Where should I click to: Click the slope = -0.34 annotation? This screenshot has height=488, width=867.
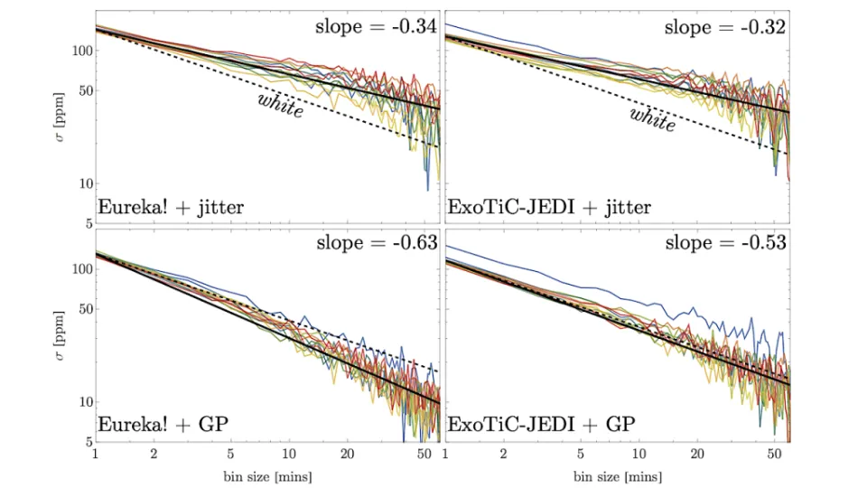pyautogui.click(x=376, y=26)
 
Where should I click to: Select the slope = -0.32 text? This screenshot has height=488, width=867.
pyautogui.click(x=725, y=26)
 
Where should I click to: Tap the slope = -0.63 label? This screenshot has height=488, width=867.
pyautogui.click(x=378, y=242)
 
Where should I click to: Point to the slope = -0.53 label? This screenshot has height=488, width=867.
pyautogui.click(x=725, y=242)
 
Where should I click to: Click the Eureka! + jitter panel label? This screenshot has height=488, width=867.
pyautogui.click(x=171, y=208)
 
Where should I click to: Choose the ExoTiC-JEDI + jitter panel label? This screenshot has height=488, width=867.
pyautogui.click(x=549, y=208)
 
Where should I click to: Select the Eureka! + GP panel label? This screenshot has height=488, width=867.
pyautogui.click(x=163, y=425)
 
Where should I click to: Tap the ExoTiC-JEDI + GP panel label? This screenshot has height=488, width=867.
pyautogui.click(x=541, y=425)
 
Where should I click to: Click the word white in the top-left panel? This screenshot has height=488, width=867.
pyautogui.click(x=281, y=105)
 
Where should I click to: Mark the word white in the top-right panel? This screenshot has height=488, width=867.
pyautogui.click(x=653, y=119)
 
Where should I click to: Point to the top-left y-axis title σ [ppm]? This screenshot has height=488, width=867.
pyautogui.click(x=60, y=117)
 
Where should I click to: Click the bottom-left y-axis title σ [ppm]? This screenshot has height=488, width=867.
pyautogui.click(x=60, y=335)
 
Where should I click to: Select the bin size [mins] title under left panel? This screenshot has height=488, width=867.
pyautogui.click(x=267, y=476)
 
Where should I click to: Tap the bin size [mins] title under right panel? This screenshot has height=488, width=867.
pyautogui.click(x=618, y=476)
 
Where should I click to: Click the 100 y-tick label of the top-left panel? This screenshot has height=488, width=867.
pyautogui.click(x=82, y=51)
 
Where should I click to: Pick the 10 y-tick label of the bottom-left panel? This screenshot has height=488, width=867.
pyautogui.click(x=86, y=402)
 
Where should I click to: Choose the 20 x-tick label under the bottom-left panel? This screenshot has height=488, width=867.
pyautogui.click(x=347, y=455)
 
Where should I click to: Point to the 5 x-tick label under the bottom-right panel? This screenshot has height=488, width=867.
pyautogui.click(x=580, y=455)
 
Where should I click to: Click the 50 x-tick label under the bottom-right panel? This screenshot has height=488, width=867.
pyautogui.click(x=774, y=455)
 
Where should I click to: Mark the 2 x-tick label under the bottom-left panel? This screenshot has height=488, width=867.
pyautogui.click(x=154, y=455)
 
